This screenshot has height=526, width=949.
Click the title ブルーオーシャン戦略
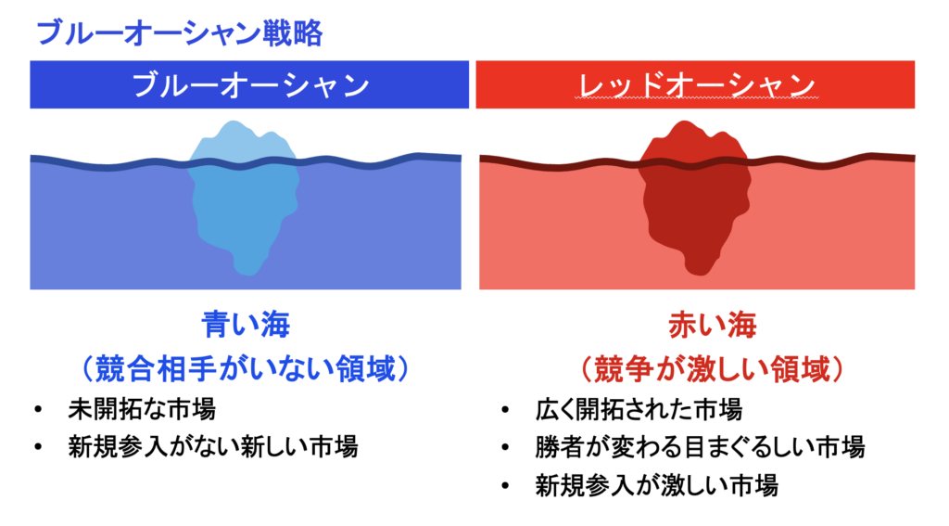pos(178,34)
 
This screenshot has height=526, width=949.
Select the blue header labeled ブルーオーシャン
pos(249,84)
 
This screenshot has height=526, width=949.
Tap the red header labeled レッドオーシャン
pos(695,84)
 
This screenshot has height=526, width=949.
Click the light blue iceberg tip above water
pos(242,142)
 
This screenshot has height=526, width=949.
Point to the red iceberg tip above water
pos(694,142)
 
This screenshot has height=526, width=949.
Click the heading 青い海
pos(246,326)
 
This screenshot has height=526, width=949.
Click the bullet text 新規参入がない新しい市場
pos(212,446)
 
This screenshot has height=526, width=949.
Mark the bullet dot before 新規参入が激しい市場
pos(504,484)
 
